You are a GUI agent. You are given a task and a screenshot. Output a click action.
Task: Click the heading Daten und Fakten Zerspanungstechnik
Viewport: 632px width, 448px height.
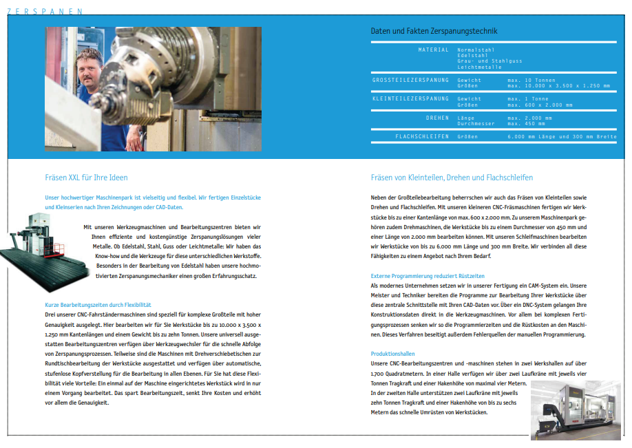(x=434, y=31)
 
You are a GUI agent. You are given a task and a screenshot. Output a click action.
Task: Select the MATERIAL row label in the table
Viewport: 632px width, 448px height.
(x=433, y=50)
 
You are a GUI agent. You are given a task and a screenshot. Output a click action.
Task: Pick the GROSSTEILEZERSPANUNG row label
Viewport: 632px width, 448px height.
(x=410, y=81)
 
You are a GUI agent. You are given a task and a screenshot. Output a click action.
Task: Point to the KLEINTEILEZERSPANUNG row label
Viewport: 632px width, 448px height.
(x=410, y=99)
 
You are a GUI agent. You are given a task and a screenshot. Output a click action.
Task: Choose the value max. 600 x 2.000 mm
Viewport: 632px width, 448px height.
(x=540, y=105)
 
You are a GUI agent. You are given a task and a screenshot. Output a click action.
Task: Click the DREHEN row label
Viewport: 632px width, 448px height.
(x=437, y=118)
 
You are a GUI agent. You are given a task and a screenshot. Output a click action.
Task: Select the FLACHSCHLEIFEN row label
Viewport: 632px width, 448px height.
(x=421, y=137)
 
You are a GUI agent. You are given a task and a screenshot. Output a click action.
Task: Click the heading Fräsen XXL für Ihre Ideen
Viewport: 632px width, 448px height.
(x=86, y=178)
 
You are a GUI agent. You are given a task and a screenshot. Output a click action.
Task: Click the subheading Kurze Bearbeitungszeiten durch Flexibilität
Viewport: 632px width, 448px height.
(x=98, y=305)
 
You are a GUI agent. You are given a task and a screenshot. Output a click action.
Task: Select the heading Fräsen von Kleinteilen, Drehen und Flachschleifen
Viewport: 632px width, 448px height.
(x=452, y=178)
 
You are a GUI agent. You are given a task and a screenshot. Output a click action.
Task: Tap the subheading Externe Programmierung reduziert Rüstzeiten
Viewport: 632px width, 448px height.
(x=419, y=277)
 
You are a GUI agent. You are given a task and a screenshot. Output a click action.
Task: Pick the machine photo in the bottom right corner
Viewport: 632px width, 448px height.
(x=576, y=411)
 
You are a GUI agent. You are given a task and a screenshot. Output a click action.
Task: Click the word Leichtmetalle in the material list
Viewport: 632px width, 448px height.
(x=479, y=67)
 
